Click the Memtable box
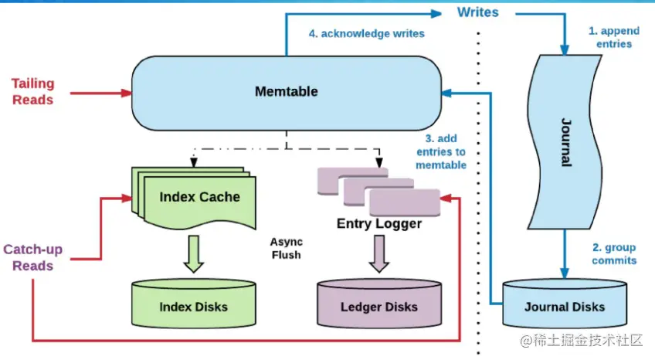coord(286,92)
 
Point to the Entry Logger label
coord(378,224)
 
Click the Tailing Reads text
coord(32,91)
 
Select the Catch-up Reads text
coord(32,257)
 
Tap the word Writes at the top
coord(477,12)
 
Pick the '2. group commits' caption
coord(614,253)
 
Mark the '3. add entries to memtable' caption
coord(441,151)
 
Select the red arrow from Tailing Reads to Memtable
coord(100,93)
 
